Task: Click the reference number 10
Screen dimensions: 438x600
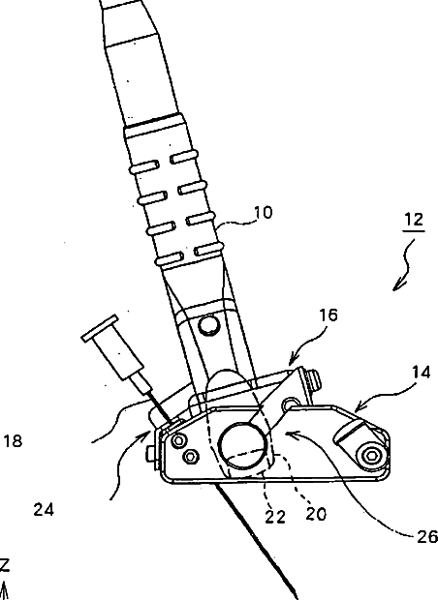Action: [x=264, y=212]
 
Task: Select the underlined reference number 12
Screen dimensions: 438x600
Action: [x=414, y=220]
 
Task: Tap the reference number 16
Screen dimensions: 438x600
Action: [x=328, y=315]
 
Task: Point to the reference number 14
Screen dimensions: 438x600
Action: [x=422, y=372]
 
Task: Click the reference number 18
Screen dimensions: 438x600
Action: [x=13, y=441]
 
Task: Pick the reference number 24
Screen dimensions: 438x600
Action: [x=44, y=510]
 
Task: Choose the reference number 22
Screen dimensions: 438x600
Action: [x=275, y=517]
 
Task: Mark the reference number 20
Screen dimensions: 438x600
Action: [x=316, y=514]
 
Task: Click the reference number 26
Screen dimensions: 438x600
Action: [x=427, y=537]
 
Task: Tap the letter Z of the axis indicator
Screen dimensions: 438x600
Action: [x=4, y=565]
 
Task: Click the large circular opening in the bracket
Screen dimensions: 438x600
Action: [x=242, y=445]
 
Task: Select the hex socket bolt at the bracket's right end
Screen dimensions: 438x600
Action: [x=370, y=456]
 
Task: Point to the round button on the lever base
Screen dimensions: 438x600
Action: [x=209, y=325]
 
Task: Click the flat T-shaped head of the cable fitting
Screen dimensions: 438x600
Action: [x=100, y=328]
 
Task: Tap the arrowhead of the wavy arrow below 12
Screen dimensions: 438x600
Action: [x=398, y=285]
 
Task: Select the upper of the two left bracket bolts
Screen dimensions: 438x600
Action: [x=178, y=441]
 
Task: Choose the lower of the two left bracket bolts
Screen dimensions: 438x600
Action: [x=191, y=456]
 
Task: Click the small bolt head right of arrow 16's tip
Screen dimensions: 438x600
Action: [x=314, y=381]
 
